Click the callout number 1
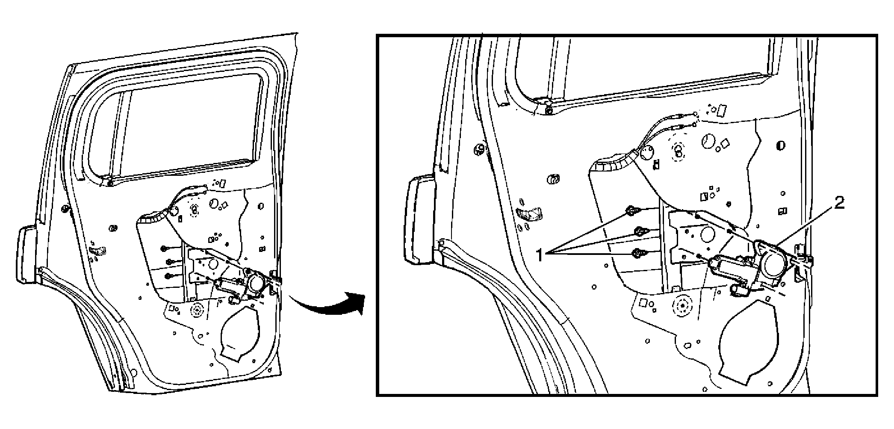pyautogui.click(x=540, y=255)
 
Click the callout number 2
pyautogui.click(x=839, y=204)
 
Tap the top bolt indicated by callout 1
pyautogui.click(x=631, y=211)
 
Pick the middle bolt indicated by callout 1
pyautogui.click(x=640, y=231)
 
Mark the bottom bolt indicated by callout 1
pyautogui.click(x=638, y=253)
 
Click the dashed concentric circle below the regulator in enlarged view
pyautogui.click(x=682, y=305)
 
